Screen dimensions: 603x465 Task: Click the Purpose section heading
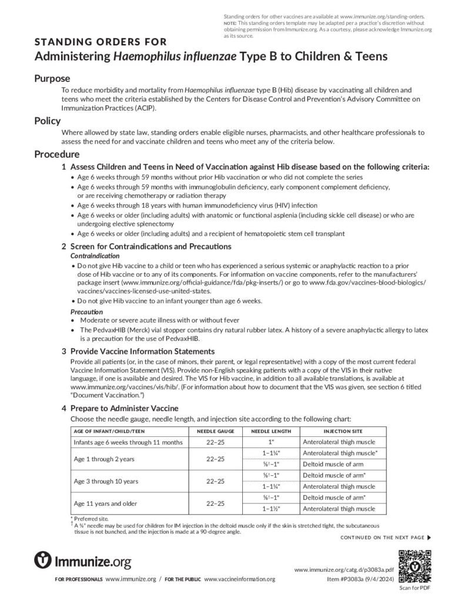[52, 79]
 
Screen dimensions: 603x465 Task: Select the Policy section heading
[47, 121]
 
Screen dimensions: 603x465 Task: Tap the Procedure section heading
[56, 154]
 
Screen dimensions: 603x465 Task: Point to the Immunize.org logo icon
[43, 560]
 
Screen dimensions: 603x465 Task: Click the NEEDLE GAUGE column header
[211, 431]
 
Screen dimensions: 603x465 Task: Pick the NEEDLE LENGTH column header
[271, 431]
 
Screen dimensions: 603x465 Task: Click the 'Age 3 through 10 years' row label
[106, 481]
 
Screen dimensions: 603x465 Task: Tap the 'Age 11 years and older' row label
[106, 503]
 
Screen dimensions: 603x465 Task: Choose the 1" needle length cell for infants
[271, 442]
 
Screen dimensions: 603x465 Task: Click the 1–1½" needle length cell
[271, 509]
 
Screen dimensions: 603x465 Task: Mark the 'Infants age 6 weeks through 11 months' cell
[128, 442]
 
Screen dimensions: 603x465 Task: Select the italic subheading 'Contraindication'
[95, 256]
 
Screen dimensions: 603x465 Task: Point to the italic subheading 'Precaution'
[86, 312]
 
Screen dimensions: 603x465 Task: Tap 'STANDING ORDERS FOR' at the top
[101, 42]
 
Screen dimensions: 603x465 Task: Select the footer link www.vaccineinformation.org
[239, 579]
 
